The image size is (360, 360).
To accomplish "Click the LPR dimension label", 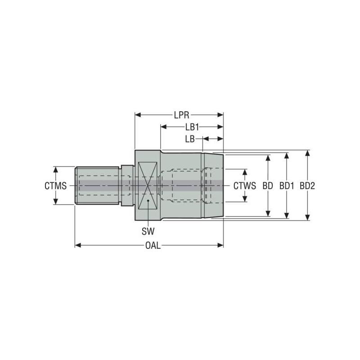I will point(179,115).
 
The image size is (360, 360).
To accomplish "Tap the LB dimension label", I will point(189,139).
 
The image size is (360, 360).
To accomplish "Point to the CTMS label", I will point(55,185).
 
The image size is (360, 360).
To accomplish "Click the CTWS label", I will point(244,185).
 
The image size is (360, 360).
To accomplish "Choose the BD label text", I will point(268,185).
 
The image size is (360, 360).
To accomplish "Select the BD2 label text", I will point(307,185).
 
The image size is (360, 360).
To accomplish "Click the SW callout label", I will point(148,232).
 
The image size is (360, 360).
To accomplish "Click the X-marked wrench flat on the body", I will point(148,185).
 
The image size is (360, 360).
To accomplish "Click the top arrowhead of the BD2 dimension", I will point(307,153).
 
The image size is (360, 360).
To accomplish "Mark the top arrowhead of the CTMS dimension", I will point(56,169).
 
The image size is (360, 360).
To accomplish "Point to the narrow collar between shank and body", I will point(127,185).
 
